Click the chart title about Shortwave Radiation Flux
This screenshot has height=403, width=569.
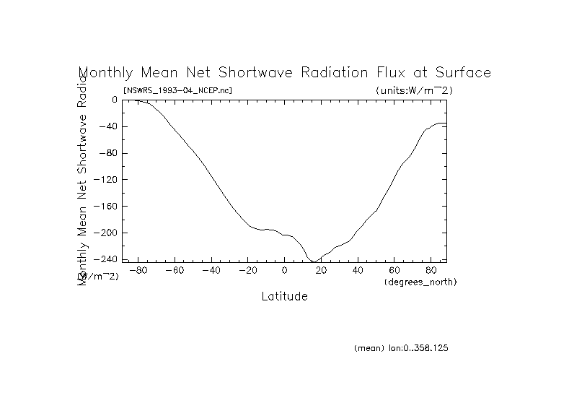284,73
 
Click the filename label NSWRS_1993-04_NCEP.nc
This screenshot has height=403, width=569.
178,90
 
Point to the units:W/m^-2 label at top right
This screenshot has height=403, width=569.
414,90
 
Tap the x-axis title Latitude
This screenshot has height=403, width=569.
284,296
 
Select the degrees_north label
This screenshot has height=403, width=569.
421,281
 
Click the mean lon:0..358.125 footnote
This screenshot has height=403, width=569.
402,348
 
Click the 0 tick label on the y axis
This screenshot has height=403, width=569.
114,100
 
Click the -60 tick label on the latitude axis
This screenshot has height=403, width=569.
174,271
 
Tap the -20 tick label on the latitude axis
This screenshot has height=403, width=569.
247,271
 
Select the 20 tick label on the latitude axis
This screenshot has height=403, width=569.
322,271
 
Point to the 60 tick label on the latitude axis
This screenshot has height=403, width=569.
395,271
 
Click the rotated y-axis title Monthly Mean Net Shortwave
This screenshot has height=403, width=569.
83,173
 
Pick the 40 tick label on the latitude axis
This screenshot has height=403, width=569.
358,271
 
